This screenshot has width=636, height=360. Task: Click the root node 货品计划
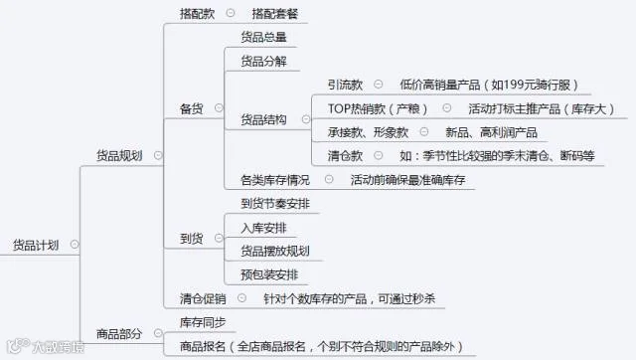(36, 246)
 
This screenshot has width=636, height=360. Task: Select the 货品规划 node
(119, 155)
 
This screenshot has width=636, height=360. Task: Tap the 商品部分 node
(119, 334)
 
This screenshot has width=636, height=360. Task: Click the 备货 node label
(191, 108)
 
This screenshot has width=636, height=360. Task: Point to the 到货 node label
(191, 239)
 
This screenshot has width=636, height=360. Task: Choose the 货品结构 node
(263, 119)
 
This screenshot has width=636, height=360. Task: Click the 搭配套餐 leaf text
(274, 14)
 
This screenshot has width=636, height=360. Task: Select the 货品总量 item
(263, 37)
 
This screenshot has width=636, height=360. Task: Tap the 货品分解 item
(263, 62)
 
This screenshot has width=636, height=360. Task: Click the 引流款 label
(345, 85)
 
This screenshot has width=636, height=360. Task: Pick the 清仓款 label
(345, 156)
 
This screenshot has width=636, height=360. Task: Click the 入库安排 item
(263, 228)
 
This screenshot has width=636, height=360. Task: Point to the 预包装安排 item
(269, 274)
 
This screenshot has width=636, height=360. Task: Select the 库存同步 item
(203, 322)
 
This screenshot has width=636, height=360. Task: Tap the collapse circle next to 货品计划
(75, 245)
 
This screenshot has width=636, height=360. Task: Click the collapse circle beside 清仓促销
(241, 298)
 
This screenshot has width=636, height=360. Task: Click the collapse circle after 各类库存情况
(329, 179)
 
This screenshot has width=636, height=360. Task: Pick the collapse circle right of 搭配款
(231, 13)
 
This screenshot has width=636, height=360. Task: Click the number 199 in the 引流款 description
(514, 85)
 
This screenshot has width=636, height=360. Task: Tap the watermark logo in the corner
(18, 345)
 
